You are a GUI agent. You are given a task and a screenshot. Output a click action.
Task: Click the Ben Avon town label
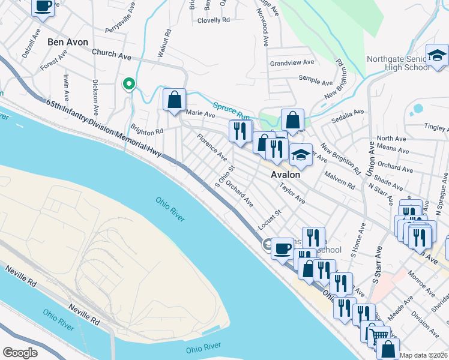[68, 43]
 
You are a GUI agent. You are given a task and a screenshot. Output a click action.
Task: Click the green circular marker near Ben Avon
[128, 84]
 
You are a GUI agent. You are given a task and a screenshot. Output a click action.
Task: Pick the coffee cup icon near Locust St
[282, 247]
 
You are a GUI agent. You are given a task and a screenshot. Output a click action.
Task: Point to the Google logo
[20, 352]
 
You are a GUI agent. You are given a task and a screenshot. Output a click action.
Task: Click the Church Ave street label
[112, 55]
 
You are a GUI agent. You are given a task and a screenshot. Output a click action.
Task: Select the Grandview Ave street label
[292, 62]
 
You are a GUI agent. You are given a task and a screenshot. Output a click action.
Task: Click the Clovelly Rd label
[213, 20]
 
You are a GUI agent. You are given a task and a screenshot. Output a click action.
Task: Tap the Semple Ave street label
[316, 81]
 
